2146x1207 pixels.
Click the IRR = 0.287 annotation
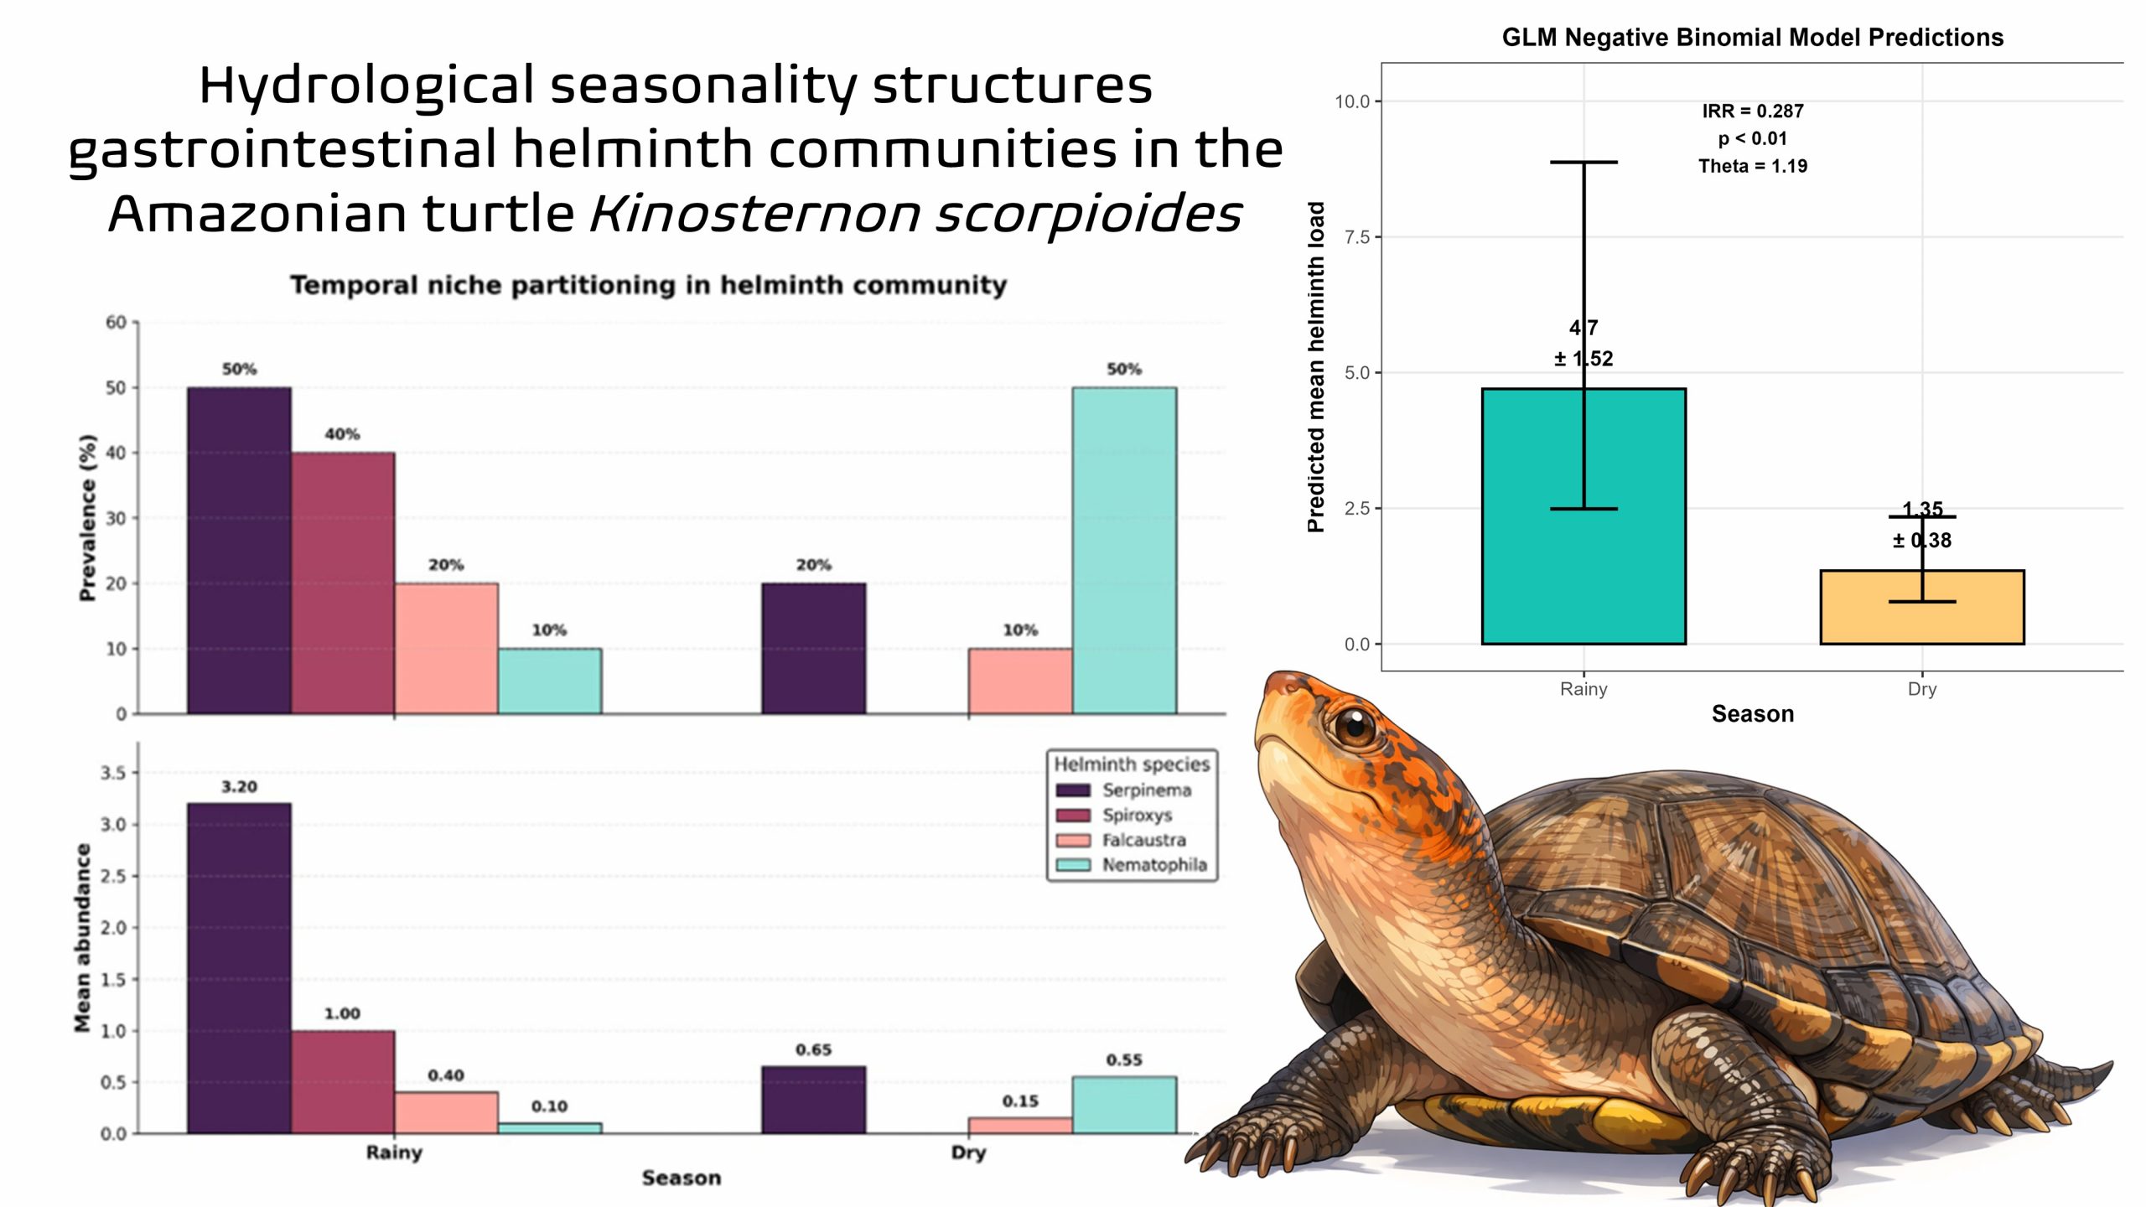(x=1752, y=111)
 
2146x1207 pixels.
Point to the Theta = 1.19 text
(x=1752, y=166)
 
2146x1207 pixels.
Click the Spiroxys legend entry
(x=1136, y=815)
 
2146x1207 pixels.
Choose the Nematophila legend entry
(x=1153, y=865)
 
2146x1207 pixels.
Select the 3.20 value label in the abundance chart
(x=239, y=787)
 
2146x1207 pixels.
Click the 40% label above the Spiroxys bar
(x=342, y=434)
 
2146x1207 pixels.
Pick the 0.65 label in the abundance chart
(x=813, y=1050)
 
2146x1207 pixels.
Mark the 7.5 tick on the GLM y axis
(x=1356, y=237)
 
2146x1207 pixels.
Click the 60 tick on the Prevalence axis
(x=116, y=323)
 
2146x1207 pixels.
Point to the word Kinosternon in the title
(x=756, y=213)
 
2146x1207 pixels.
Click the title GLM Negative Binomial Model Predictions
(x=1752, y=38)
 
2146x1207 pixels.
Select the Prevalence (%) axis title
(x=87, y=517)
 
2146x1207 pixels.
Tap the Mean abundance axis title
(x=82, y=937)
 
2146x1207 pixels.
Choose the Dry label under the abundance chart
(x=967, y=1153)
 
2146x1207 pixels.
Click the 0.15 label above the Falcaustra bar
(x=1020, y=1101)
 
